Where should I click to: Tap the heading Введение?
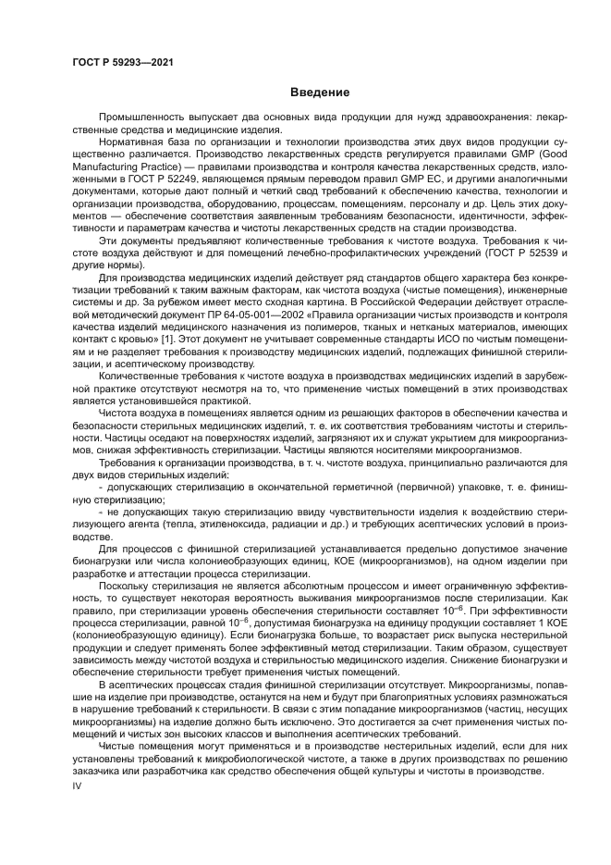319,93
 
